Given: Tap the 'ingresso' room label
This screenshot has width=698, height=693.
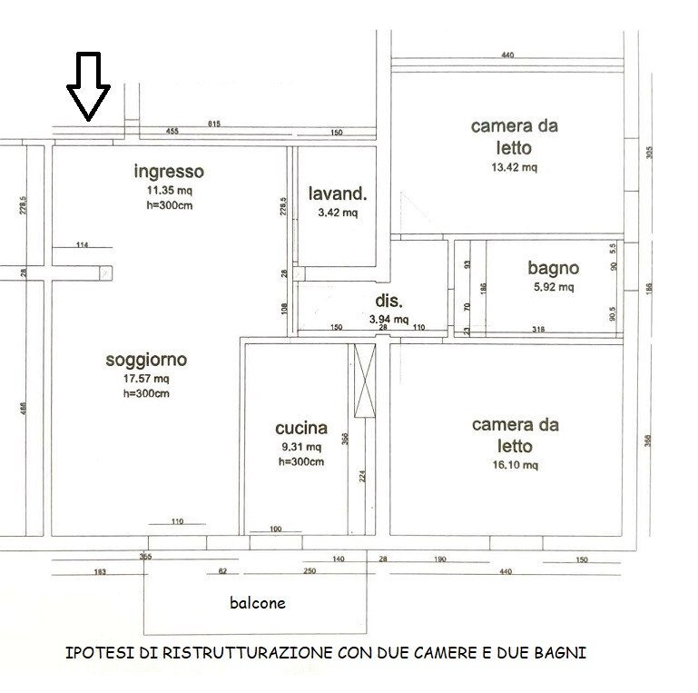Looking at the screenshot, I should point(169,172).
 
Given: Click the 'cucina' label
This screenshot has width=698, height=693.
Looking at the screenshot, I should point(300,429).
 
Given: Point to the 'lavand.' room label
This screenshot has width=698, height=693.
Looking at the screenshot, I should point(337,193).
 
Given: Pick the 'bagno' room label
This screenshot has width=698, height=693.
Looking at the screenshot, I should point(553,269).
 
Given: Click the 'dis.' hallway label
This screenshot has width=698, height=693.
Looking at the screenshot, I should point(388,302).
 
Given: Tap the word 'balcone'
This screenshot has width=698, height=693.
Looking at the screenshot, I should point(256,602).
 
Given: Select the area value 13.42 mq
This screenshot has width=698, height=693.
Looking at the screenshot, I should point(514,167).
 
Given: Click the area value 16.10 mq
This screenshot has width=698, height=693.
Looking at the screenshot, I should point(515,465).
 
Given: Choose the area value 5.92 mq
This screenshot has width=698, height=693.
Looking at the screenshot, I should point(553,288).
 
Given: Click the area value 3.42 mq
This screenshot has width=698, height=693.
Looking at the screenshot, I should point(337,213).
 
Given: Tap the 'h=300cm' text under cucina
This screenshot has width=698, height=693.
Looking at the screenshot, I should point(300,461).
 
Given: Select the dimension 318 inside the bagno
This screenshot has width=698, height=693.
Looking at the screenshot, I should point(538,329).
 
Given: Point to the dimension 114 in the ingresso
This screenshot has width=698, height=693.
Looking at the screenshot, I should point(82,244).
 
